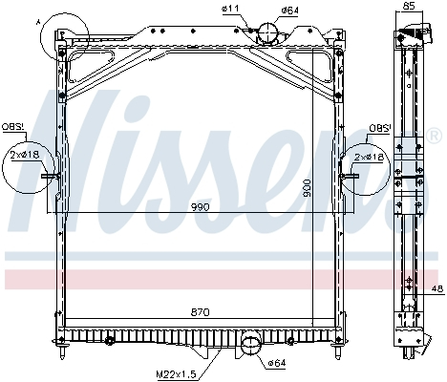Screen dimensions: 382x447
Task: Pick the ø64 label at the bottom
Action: [276, 362]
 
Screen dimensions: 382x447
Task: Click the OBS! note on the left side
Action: [12, 125]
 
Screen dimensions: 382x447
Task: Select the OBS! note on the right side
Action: [379, 127]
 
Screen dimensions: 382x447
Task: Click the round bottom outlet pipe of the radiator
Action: [250, 342]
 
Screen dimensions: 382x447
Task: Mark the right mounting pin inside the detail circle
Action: [351, 176]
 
